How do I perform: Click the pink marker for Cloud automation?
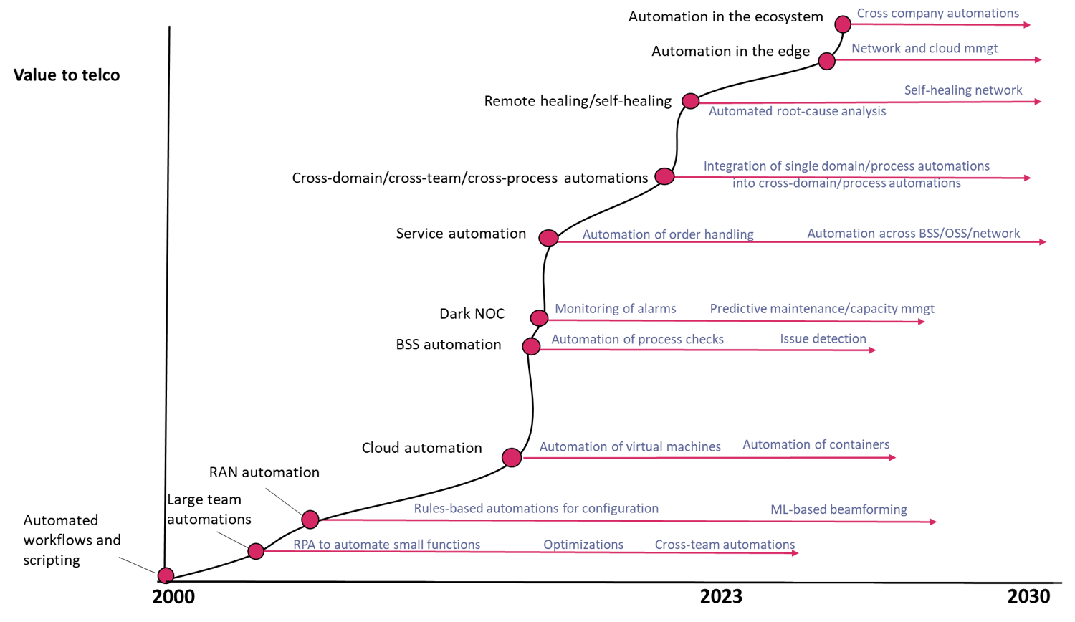pyautogui.click(x=512, y=457)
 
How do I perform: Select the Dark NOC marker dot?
pyautogui.click(x=539, y=317)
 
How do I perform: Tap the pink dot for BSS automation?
pyautogui.click(x=531, y=347)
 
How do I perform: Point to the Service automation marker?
pyautogui.click(x=548, y=238)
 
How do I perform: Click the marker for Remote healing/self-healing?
pyautogui.click(x=690, y=101)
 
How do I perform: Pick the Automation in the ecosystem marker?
pyautogui.click(x=843, y=24)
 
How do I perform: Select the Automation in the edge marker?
pyautogui.click(x=827, y=61)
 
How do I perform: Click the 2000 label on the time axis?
pyautogui.click(x=173, y=596)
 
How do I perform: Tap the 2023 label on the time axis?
pyautogui.click(x=721, y=596)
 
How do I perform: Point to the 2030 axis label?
pyautogui.click(x=1029, y=596)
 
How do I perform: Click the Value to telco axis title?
pyautogui.click(x=67, y=75)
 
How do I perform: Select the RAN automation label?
pyautogui.click(x=264, y=472)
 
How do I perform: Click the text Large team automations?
pyautogui.click(x=209, y=509)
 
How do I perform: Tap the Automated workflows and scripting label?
pyautogui.click(x=72, y=540)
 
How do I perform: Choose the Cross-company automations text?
pyautogui.click(x=937, y=14)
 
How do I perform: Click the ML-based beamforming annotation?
pyautogui.click(x=839, y=510)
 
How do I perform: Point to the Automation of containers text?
pyautogui.click(x=816, y=445)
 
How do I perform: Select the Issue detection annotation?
pyautogui.click(x=823, y=339)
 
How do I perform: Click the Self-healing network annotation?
pyautogui.click(x=963, y=90)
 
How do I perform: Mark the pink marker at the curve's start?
pyautogui.click(x=166, y=575)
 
